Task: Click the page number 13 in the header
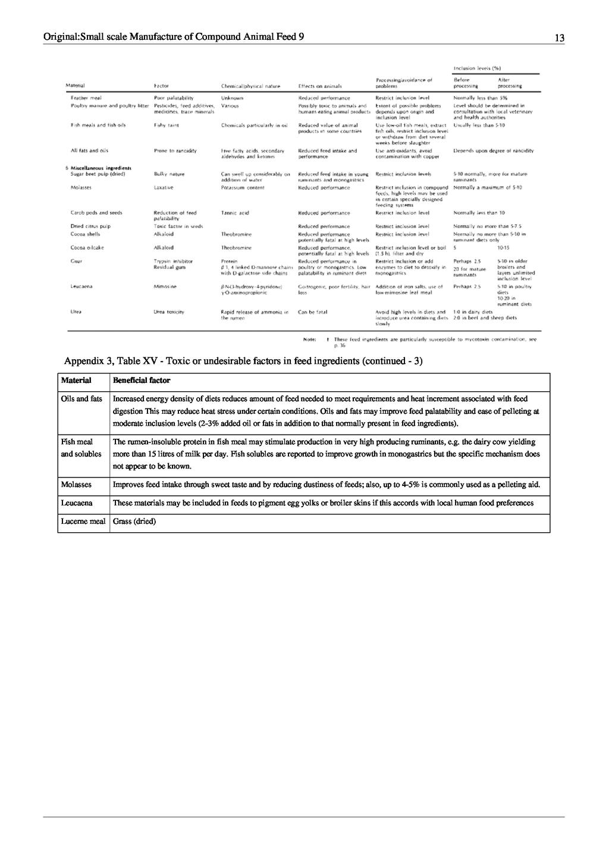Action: coord(559,38)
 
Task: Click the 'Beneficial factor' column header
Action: coord(142,381)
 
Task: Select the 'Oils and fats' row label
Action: coord(81,399)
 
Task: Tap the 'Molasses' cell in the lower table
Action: coord(76,485)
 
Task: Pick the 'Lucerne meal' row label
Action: coord(83,521)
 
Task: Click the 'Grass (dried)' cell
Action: coord(134,521)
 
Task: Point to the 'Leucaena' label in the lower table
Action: coord(77,503)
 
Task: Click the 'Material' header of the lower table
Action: coord(76,381)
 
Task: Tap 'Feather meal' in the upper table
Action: coord(86,98)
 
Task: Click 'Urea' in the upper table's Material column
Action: coord(76,312)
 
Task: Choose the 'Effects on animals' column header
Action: coord(319,86)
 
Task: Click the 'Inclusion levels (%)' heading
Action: coord(478,68)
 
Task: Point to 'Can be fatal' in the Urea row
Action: coord(313,312)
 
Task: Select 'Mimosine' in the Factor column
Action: coord(165,287)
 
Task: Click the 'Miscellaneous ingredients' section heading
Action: coord(101,168)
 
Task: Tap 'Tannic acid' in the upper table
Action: coord(235,213)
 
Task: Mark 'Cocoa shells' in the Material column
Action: coord(85,234)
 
